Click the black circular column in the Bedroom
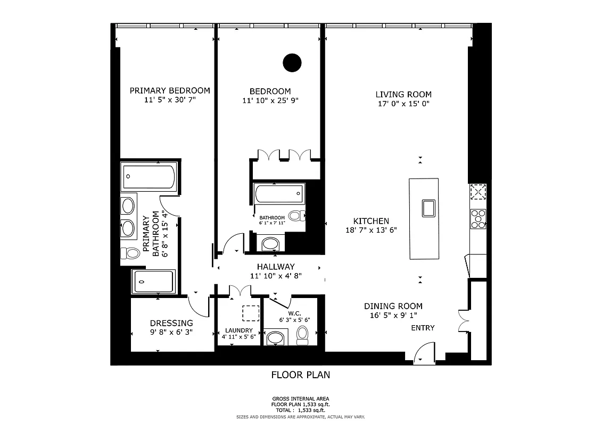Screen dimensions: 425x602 (291, 63)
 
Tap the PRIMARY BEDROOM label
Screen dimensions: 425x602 (170, 91)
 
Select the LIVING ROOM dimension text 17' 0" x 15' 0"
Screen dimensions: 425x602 (403, 104)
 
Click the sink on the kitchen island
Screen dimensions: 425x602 (428, 208)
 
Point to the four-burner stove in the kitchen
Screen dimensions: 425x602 (477, 218)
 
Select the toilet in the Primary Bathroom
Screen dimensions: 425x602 (128, 252)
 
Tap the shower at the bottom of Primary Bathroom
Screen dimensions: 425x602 (154, 281)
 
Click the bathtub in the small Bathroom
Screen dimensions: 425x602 (279, 194)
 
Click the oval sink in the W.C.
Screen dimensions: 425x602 (275, 338)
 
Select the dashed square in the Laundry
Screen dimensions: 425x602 (249, 313)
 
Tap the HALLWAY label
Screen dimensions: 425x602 (276, 267)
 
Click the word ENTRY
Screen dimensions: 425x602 (423, 328)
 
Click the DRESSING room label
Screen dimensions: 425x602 (171, 323)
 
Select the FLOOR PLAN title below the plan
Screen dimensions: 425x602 (301, 375)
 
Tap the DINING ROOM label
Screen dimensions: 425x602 (393, 306)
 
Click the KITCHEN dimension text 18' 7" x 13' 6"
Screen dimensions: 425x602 (371, 230)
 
